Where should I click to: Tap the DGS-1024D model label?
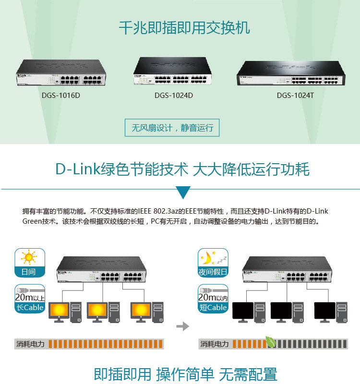[x=174, y=95]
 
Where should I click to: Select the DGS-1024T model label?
[x=295, y=95]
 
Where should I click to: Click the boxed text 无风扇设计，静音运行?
[x=172, y=128]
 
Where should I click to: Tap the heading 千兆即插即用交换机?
[x=184, y=28]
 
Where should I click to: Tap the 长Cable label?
[x=30, y=307]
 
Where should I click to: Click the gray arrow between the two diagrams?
[x=182, y=326]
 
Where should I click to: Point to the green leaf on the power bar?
[x=271, y=342]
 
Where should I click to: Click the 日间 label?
[x=29, y=272]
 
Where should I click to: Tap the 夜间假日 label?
[x=213, y=272]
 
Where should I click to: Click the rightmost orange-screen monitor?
[x=142, y=312]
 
